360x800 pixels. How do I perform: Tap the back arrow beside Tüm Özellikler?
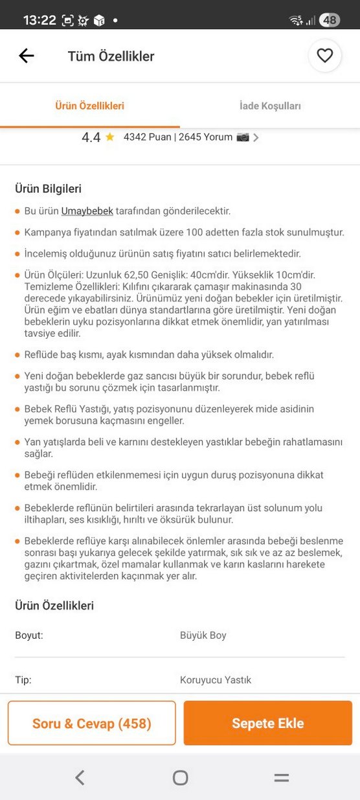point(27,56)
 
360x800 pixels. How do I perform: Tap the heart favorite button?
point(324,56)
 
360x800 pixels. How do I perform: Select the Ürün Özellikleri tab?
point(89,106)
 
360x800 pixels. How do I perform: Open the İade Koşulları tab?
point(270,106)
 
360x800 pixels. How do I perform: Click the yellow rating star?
point(110,137)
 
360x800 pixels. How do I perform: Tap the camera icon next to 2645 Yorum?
point(243,137)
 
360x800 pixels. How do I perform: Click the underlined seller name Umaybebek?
point(87,211)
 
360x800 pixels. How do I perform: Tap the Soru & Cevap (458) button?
point(91,723)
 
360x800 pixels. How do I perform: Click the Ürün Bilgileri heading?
point(48,189)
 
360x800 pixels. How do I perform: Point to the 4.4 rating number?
point(91,137)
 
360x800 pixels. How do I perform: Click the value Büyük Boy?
point(203,635)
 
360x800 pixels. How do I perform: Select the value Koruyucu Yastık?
point(216,680)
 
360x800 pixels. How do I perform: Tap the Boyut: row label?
point(29,635)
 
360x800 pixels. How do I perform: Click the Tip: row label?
point(23,680)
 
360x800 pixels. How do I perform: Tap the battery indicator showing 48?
point(330,20)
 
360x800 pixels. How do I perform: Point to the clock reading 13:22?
point(39,20)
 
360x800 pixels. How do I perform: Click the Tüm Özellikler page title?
point(111,56)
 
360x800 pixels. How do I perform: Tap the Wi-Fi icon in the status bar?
point(296,20)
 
